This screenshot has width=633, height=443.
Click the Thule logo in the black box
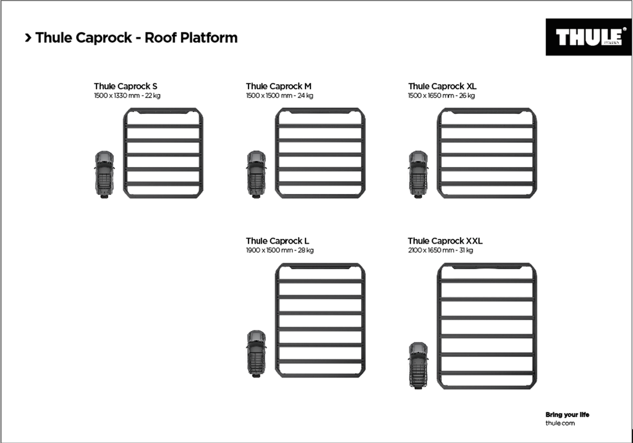[x=588, y=38]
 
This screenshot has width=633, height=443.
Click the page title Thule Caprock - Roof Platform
[x=137, y=38]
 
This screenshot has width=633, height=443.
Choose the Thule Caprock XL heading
[x=442, y=87]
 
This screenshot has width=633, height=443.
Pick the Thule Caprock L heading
[x=274, y=241]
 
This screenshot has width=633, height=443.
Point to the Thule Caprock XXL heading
[x=445, y=241]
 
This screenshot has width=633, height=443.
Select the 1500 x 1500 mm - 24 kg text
[x=279, y=96]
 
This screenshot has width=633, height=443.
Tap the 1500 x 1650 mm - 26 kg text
[x=441, y=96]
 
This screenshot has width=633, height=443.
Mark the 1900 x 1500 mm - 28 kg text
[x=279, y=251]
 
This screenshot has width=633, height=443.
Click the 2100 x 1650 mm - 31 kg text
[x=440, y=251]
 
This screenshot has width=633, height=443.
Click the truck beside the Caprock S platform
[x=104, y=174]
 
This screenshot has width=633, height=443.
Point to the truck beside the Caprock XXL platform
[x=418, y=365]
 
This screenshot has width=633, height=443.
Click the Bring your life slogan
[x=567, y=415]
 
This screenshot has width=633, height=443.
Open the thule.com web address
[x=560, y=423]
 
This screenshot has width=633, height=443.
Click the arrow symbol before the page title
[x=28, y=38]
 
